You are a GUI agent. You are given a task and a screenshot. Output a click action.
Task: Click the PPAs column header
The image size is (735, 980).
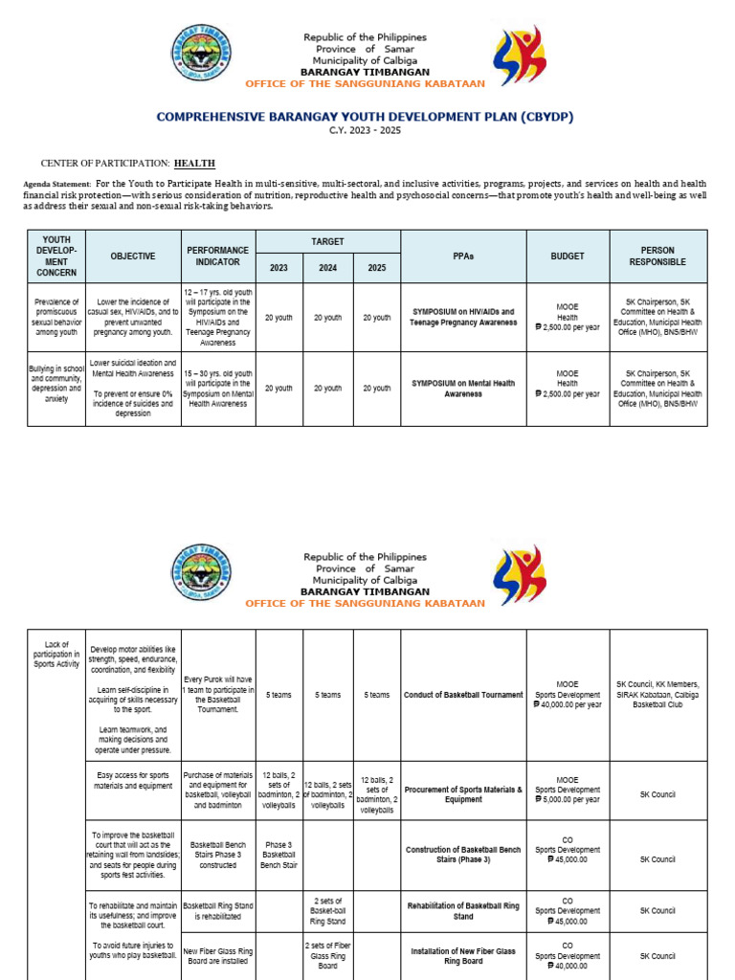pos(463,256)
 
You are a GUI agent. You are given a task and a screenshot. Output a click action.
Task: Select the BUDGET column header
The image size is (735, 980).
pos(568,256)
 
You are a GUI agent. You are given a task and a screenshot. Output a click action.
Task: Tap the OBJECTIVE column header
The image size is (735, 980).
pos(132,256)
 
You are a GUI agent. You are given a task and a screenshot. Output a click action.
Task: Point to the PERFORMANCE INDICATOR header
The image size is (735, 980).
pos(217,256)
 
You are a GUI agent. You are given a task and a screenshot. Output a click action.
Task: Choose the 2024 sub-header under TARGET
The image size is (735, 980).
pos(328,268)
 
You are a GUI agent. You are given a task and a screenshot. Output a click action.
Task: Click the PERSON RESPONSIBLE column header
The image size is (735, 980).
pos(657,256)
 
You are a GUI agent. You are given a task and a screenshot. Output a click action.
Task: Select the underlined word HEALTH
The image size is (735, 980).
pos(194,164)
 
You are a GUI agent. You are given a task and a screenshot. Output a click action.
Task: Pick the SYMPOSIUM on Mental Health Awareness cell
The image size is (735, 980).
pos(463,389)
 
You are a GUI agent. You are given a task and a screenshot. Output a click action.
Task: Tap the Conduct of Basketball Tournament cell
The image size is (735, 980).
pos(463,695)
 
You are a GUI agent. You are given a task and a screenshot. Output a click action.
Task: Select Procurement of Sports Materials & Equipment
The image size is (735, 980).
pos(463,794)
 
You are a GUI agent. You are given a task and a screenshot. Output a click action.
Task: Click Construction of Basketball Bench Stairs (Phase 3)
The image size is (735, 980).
pos(463,854)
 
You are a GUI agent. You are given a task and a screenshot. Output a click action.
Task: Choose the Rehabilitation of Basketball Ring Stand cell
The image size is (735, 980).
pos(463,910)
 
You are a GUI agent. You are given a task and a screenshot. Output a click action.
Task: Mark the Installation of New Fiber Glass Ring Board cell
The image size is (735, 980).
pos(463,956)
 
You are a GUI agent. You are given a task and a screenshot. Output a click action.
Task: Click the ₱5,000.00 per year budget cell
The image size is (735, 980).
pos(568,794)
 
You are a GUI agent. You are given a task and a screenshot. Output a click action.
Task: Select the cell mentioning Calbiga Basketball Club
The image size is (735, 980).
pos(657,695)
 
